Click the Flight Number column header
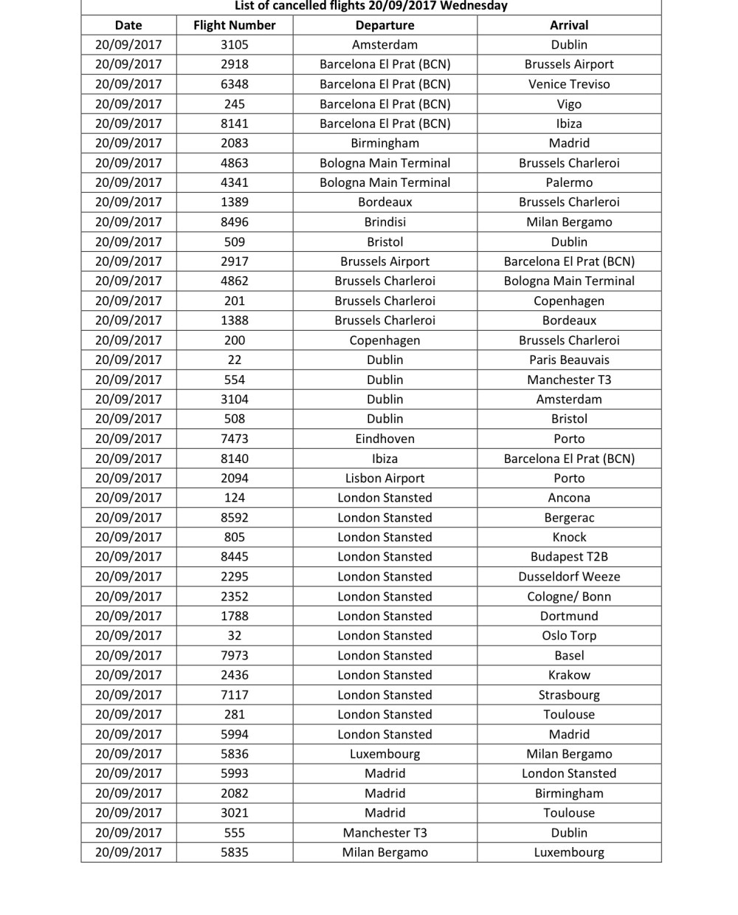[234, 25]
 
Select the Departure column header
[384, 25]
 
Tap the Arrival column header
[569, 25]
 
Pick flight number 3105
[234, 45]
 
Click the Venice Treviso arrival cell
[569, 84]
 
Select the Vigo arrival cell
[569, 104]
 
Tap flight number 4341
[234, 182]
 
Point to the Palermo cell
[569, 182]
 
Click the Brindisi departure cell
[384, 222]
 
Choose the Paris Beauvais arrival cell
[569, 360]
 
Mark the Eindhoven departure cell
[384, 439]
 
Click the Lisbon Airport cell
[384, 478]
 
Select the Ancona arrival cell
[569, 498]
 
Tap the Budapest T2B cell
[569, 557]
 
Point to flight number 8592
[234, 518]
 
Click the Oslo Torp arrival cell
[569, 636]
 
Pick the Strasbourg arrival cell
[569, 695]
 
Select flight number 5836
[234, 754]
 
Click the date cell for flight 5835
[128, 852]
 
